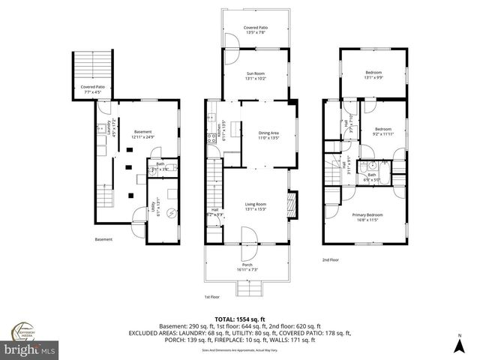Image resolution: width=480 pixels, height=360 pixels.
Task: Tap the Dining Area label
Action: pyautogui.click(x=268, y=135)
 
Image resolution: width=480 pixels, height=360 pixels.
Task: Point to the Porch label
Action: pyautogui.click(x=247, y=266)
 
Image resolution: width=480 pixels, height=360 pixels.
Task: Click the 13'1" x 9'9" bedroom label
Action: pyautogui.click(x=373, y=74)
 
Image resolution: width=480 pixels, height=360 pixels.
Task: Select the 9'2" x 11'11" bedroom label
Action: pyautogui.click(x=382, y=131)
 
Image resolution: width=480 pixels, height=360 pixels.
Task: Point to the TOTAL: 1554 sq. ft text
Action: pyautogui.click(x=240, y=319)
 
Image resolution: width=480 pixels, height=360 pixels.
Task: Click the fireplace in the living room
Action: pyautogui.click(x=293, y=204)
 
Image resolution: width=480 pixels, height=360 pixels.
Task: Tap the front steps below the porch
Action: pyautogui.click(x=247, y=289)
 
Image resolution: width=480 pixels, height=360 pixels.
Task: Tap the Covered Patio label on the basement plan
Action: pyautogui.click(x=93, y=88)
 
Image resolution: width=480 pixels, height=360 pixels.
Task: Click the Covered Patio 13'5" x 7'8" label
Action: pyautogui.click(x=255, y=30)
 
